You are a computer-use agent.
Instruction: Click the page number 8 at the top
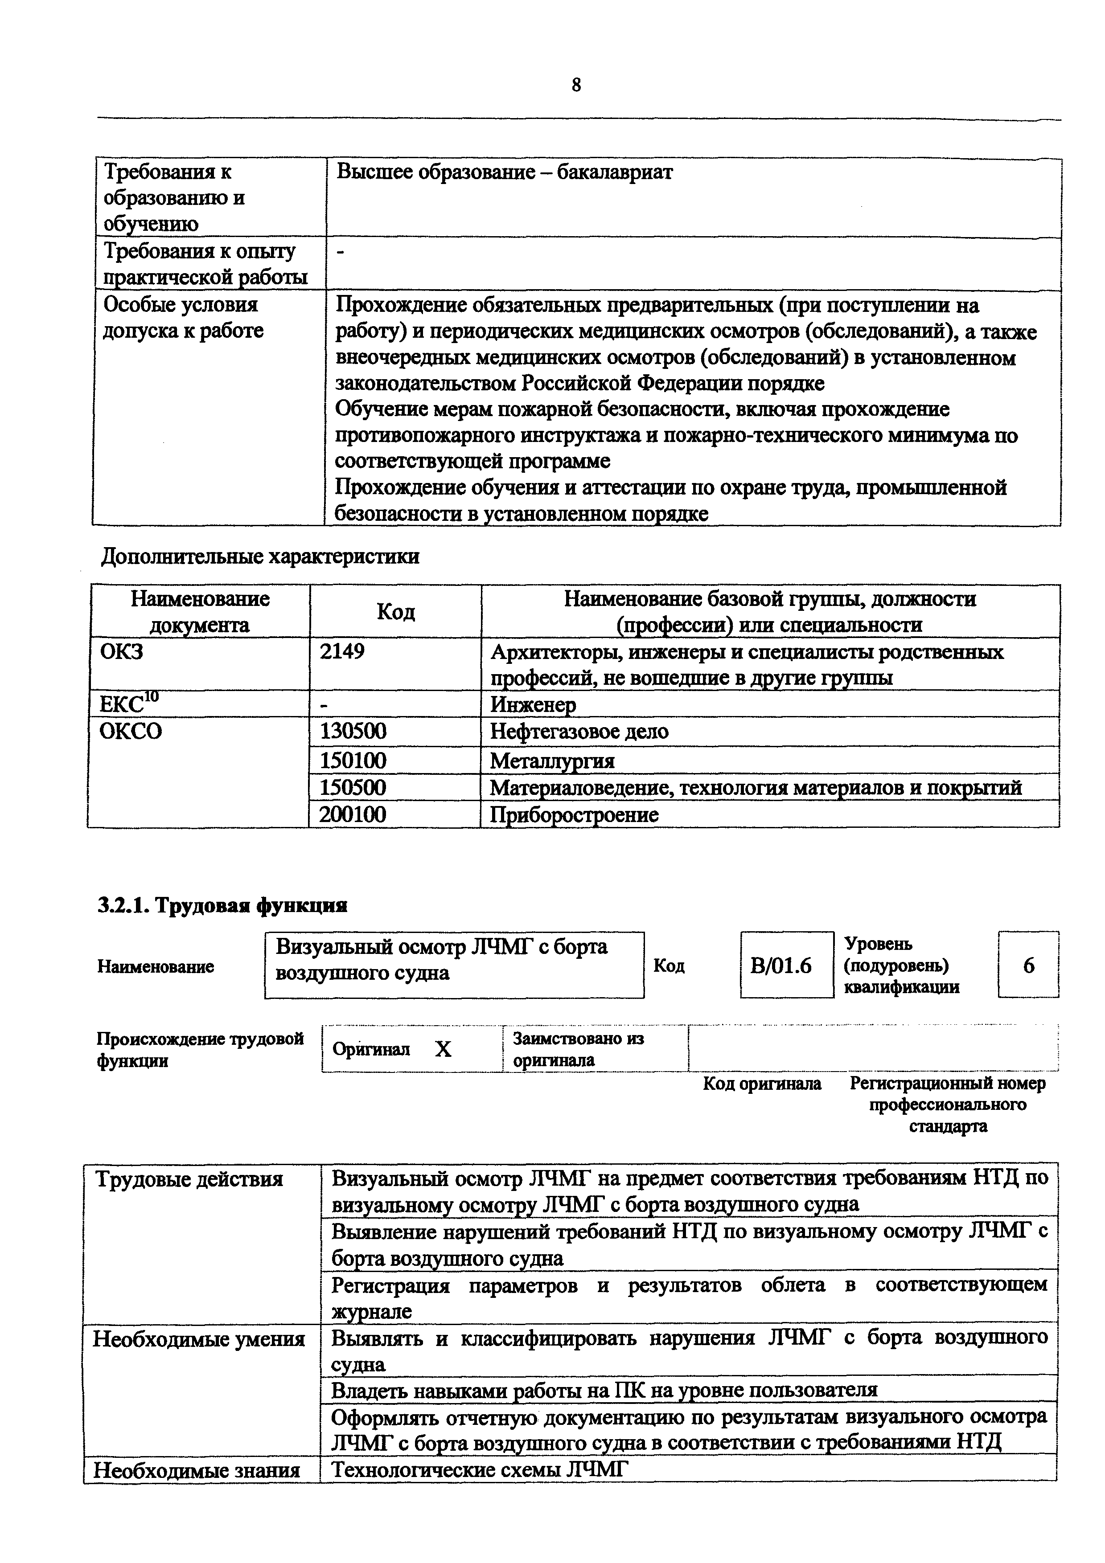point(576,85)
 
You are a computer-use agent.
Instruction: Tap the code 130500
point(353,731)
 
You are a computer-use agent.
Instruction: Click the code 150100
point(353,760)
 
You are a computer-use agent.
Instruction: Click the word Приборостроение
point(575,815)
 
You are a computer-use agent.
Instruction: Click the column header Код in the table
point(395,612)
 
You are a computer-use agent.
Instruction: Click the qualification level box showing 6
point(1028,966)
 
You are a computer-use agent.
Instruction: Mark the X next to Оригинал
point(443,1050)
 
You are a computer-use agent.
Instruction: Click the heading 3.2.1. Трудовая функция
point(222,905)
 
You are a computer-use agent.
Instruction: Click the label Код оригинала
point(762,1084)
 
